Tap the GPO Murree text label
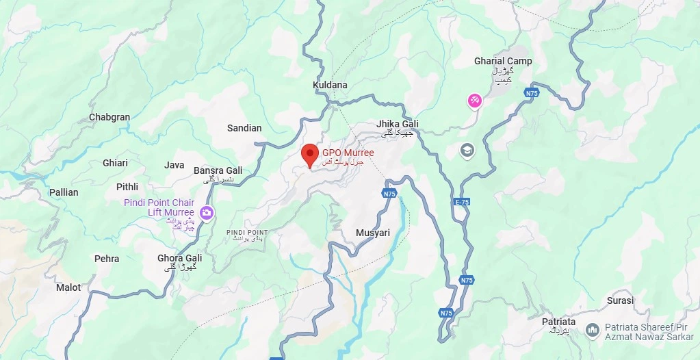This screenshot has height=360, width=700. coord(348,153)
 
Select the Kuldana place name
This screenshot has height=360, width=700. coord(330,85)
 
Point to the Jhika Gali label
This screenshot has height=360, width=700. coord(397,124)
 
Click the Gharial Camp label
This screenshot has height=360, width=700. coord(503,62)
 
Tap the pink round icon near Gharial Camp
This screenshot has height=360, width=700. coord(475,101)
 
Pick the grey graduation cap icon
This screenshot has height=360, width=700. coord(467,150)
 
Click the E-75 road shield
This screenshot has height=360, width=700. coord(462,203)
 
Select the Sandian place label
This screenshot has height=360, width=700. coord(244,128)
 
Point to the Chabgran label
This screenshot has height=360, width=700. coord(109,117)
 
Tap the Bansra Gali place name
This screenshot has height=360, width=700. coord(218,170)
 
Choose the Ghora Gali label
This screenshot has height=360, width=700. coord(179,258)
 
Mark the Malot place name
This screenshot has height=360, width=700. coord(68,287)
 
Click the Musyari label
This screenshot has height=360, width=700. coord(373,233)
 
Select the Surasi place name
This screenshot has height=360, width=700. coord(620,300)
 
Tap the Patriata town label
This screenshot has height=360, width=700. coord(558,322)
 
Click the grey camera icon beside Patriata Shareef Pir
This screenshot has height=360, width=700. coord(592,331)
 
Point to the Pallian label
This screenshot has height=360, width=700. coord(64,192)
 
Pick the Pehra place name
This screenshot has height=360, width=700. coord(107,259)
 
